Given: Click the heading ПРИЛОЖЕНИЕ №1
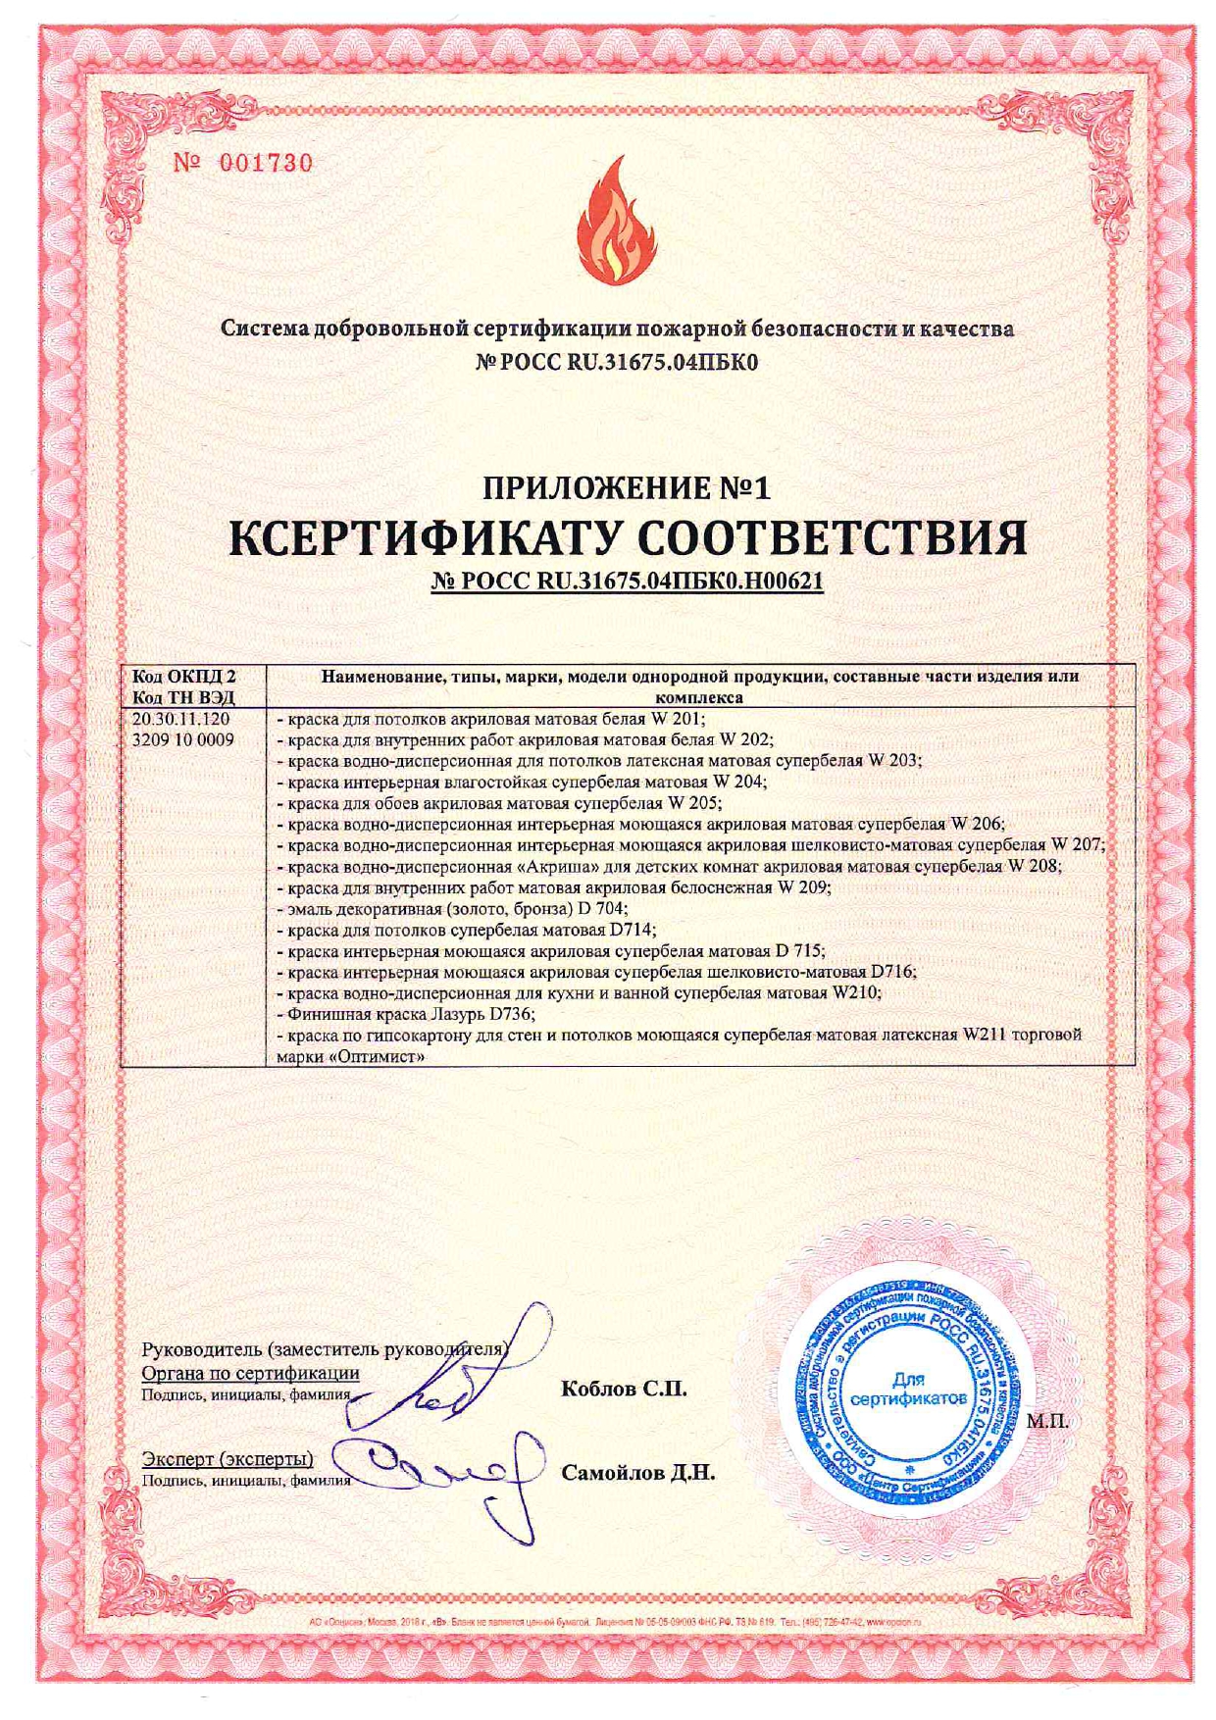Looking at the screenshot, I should tap(628, 488).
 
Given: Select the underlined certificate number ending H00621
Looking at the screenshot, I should tap(628, 582).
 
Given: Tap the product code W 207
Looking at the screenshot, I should tap(1077, 844).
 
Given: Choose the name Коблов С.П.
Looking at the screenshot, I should tap(624, 1390).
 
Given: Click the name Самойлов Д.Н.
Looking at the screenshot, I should tap(638, 1473).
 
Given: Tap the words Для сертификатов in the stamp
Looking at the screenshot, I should tap(908, 1390).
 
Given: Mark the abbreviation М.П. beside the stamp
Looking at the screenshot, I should tap(1046, 1420).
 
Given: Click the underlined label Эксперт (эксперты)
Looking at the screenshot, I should tap(228, 1458).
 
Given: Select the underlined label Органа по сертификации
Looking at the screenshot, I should tap(250, 1373).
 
